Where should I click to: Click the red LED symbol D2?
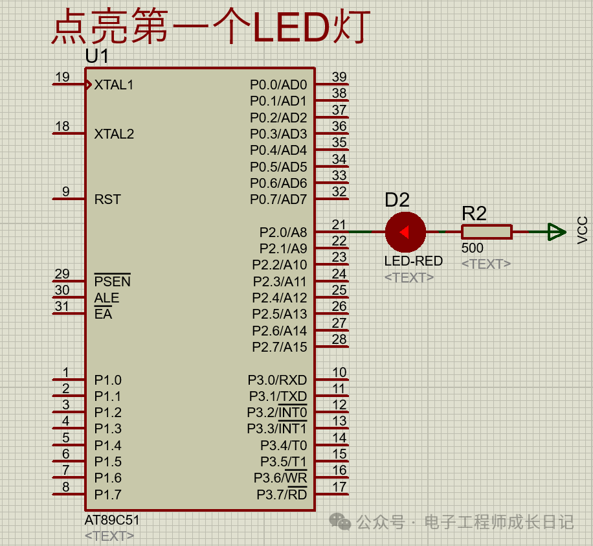(x=405, y=232)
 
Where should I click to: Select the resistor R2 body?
(x=486, y=232)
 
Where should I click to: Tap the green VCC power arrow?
(x=555, y=232)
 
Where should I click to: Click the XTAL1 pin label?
(x=114, y=85)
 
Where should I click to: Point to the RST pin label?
(x=107, y=199)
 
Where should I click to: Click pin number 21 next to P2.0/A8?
(x=339, y=225)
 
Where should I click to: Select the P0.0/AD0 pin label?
(x=278, y=85)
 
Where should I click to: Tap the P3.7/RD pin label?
(x=282, y=495)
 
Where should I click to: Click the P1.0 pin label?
(x=107, y=380)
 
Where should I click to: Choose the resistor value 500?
(x=473, y=248)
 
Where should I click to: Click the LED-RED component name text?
(x=414, y=261)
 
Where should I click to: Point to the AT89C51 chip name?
(x=112, y=520)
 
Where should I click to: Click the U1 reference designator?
(x=97, y=57)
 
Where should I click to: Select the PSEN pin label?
(x=112, y=282)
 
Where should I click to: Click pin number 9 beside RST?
(x=65, y=192)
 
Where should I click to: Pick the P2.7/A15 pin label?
(x=280, y=347)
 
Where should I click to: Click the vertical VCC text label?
(x=583, y=230)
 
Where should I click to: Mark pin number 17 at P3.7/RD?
(x=339, y=487)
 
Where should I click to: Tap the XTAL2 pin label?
(x=114, y=134)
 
